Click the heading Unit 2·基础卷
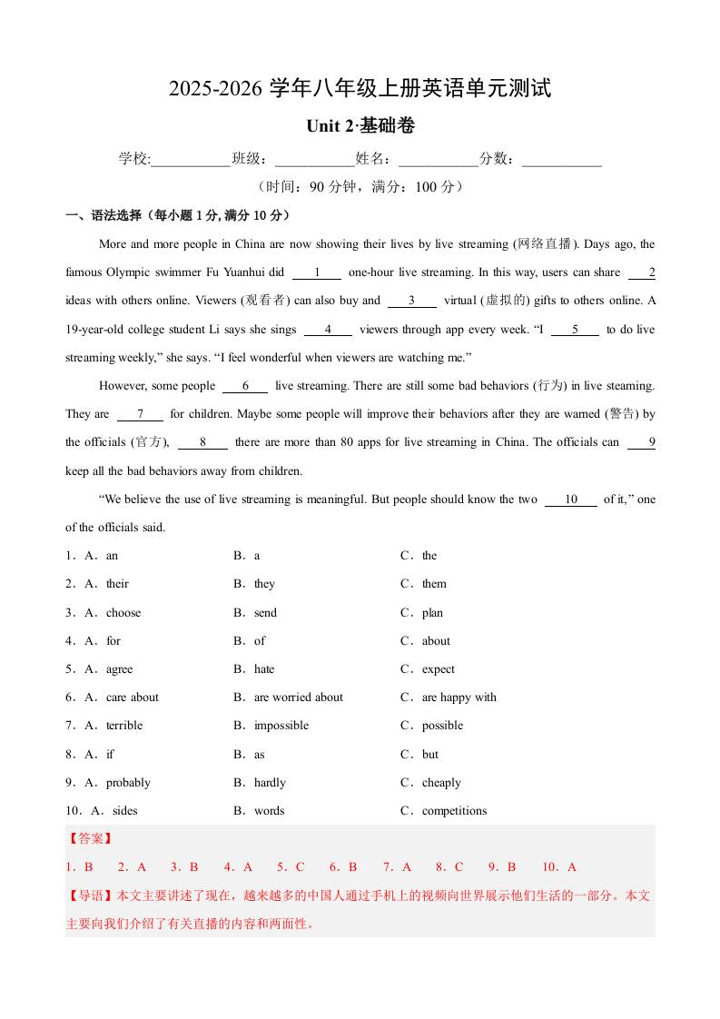pyautogui.click(x=360, y=126)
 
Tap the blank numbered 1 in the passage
pyautogui.click(x=316, y=272)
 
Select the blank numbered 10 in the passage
pyautogui.click(x=571, y=500)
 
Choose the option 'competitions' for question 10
pyautogui.click(x=454, y=811)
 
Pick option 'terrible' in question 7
pyautogui.click(x=124, y=726)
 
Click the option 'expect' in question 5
pyautogui.click(x=438, y=669)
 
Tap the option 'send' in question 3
pyautogui.click(x=265, y=613)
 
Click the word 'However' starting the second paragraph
pyautogui.click(x=123, y=386)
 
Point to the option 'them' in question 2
pyautogui.click(x=434, y=584)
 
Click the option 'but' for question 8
pyautogui.click(x=429, y=755)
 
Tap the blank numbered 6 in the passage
pyautogui.click(x=245, y=386)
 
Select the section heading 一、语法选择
pyautogui.click(x=104, y=216)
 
